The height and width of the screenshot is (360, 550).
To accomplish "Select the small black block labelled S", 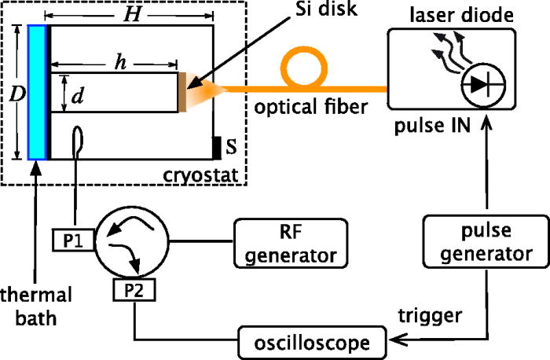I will [x=217, y=147].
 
